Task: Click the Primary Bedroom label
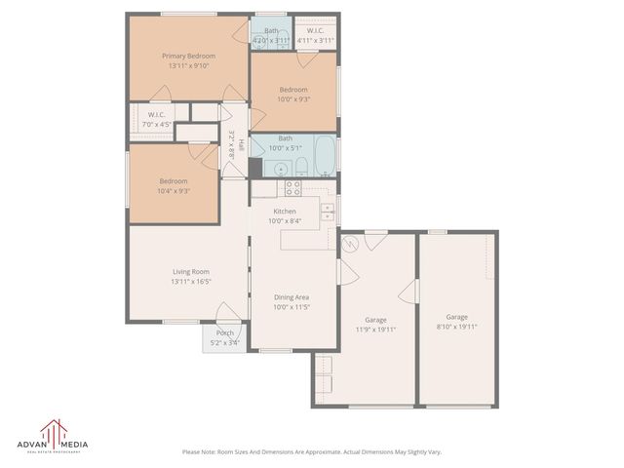tap(188, 57)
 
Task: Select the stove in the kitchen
tap(292, 188)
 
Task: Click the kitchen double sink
tap(327, 210)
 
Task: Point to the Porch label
tap(225, 333)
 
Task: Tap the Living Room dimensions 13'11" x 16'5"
tap(191, 282)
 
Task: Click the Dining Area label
tap(292, 296)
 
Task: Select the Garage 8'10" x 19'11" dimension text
tap(457, 329)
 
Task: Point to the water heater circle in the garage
tap(350, 246)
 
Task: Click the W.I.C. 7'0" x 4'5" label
tap(156, 124)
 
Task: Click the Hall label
tap(232, 144)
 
